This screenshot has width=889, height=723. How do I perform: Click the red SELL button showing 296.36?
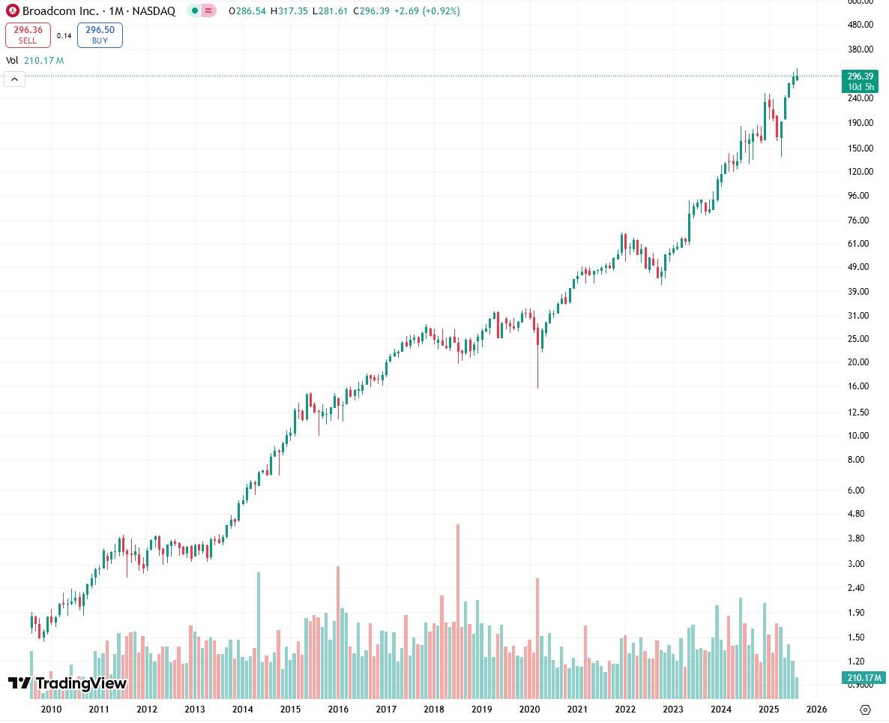tap(28, 35)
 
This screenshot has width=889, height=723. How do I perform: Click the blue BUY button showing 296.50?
tap(100, 35)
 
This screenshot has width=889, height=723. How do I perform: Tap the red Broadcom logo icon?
tap(12, 11)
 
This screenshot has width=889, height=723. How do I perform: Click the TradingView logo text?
tap(67, 683)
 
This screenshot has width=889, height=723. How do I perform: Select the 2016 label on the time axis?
tap(338, 709)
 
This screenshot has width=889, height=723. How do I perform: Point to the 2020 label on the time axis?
tap(529, 709)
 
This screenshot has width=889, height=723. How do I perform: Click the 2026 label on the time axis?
tap(816, 709)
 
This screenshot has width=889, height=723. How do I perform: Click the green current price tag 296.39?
tap(859, 76)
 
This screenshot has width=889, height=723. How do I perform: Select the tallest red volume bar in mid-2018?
tap(457, 600)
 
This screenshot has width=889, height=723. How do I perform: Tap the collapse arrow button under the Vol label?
tap(15, 79)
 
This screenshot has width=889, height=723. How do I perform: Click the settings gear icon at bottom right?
tap(865, 709)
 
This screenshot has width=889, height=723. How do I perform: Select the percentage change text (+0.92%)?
tap(442, 11)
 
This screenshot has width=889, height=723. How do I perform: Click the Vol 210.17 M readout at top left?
tap(35, 60)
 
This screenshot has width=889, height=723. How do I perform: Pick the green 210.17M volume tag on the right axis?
tap(859, 679)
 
